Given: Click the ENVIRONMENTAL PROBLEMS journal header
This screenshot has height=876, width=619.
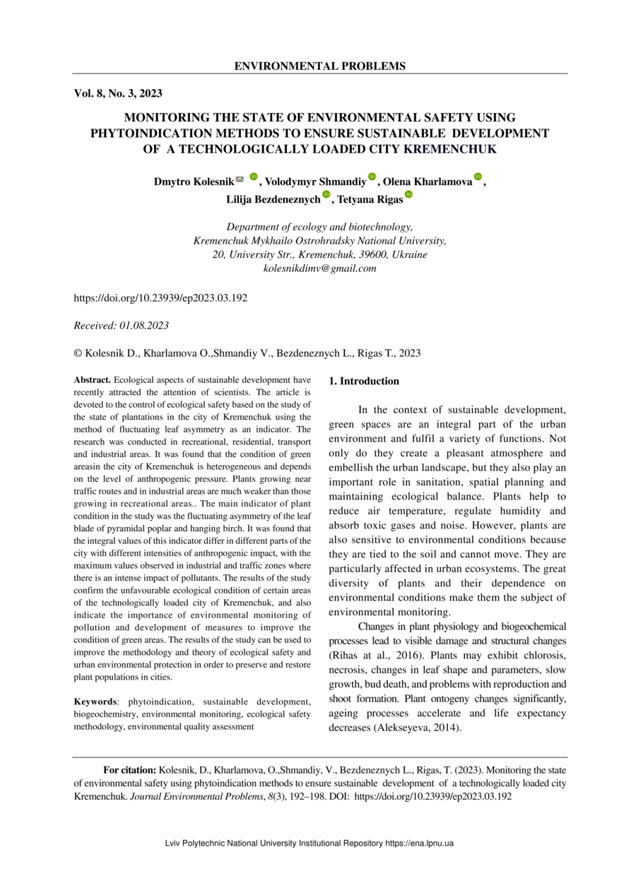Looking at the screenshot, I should [x=319, y=66].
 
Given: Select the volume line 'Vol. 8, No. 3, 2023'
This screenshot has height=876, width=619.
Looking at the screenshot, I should [x=118, y=93].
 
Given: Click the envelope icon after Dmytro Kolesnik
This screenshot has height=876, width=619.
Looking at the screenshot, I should [x=240, y=179].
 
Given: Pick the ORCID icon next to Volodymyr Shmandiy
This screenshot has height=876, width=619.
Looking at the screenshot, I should [x=372, y=177].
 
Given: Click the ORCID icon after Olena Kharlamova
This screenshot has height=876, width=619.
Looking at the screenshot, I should [x=478, y=177].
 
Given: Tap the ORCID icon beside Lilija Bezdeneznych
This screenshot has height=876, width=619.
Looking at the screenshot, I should [x=326, y=195].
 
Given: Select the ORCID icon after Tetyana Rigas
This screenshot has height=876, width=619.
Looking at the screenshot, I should [x=408, y=195].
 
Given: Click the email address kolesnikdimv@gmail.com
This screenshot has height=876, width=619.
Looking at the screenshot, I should [x=319, y=268].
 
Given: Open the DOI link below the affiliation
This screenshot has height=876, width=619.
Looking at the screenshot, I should [x=160, y=298].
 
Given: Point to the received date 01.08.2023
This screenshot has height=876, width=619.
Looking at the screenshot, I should [x=144, y=325].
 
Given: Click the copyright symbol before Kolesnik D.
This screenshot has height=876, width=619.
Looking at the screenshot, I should [x=78, y=353].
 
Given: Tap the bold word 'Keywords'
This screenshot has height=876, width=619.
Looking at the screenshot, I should [x=95, y=702].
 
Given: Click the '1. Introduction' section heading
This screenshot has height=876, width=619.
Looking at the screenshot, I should [x=364, y=381].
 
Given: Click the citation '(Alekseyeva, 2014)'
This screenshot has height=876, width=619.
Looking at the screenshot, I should [x=416, y=727].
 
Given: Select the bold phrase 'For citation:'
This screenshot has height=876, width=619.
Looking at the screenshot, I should [x=130, y=769].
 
